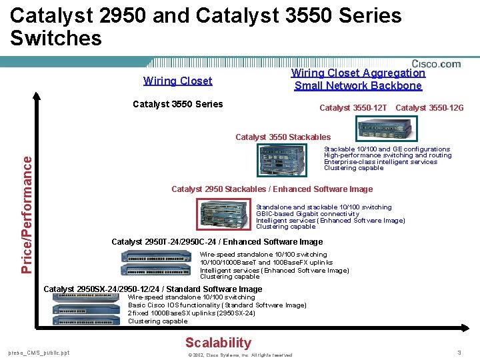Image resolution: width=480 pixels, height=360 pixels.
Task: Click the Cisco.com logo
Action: point(436,64)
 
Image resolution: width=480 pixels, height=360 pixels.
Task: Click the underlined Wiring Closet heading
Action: point(177,81)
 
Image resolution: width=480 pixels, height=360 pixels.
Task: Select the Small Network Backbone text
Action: point(358,85)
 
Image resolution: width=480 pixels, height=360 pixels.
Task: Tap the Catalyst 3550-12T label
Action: point(353,108)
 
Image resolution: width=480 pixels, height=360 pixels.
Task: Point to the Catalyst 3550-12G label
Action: point(429,108)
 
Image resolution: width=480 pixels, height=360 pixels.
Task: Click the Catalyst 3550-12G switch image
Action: point(387,126)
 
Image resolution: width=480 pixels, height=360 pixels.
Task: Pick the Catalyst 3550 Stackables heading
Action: point(283,137)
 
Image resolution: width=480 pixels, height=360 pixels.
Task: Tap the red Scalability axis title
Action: point(218,343)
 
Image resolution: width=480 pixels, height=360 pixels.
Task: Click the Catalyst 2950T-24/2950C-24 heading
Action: point(217,242)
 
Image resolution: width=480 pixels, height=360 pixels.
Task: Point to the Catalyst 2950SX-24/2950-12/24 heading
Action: point(153,289)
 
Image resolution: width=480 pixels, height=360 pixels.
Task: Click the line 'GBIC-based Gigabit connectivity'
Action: point(307,214)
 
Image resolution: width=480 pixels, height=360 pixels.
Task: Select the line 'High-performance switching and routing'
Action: point(387,155)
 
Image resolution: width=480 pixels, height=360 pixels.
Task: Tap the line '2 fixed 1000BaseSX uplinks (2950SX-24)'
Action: point(191,313)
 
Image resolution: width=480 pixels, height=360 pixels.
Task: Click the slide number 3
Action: point(459,352)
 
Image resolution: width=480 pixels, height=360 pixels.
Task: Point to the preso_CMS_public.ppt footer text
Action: point(39,353)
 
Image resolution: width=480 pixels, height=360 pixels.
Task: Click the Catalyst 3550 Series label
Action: point(178,104)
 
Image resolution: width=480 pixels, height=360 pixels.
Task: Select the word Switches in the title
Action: point(56,38)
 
